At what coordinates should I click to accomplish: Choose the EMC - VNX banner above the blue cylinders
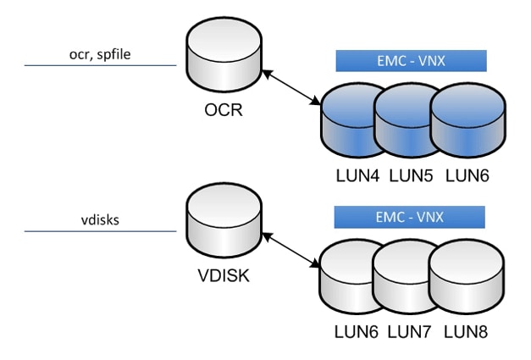click(411, 61)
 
